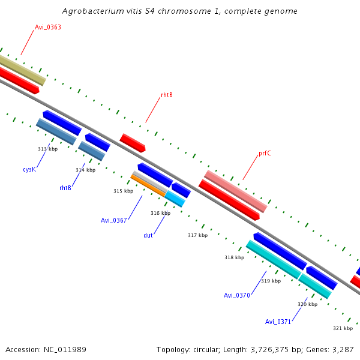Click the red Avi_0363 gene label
47,27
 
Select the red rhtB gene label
166,95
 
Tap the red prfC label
265,154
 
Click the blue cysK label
29,170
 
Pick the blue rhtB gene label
65,188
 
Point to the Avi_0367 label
113,220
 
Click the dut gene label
148,235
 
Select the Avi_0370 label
236,295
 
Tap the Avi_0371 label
278,322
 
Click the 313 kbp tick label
47,149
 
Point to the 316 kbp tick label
160,213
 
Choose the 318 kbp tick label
234,257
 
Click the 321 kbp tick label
343,328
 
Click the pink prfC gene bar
235,191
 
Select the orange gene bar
148,185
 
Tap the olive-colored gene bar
22,70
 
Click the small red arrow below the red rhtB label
133,143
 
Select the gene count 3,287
342,349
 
